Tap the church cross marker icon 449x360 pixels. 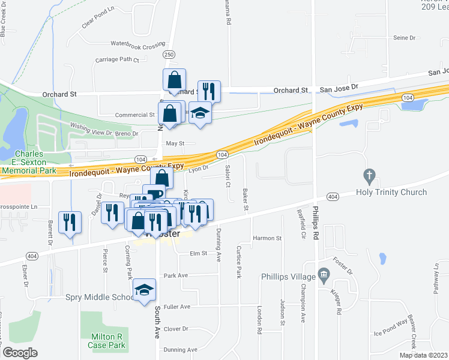click(370, 176)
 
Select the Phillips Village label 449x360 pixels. click(288, 277)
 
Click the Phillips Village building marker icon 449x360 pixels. click(324, 276)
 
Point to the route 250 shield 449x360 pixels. click(170, 55)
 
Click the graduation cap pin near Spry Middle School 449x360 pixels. click(145, 291)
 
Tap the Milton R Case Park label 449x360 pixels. click(106, 341)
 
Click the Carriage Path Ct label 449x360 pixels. click(117, 60)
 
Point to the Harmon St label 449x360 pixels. click(267, 238)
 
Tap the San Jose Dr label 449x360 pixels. click(339, 87)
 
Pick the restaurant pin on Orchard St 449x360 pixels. click(209, 91)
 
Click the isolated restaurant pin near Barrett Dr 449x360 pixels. click(70, 222)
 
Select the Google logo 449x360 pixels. click(20, 353)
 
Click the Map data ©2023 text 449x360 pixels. click(423, 355)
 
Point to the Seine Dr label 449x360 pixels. click(404, 37)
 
